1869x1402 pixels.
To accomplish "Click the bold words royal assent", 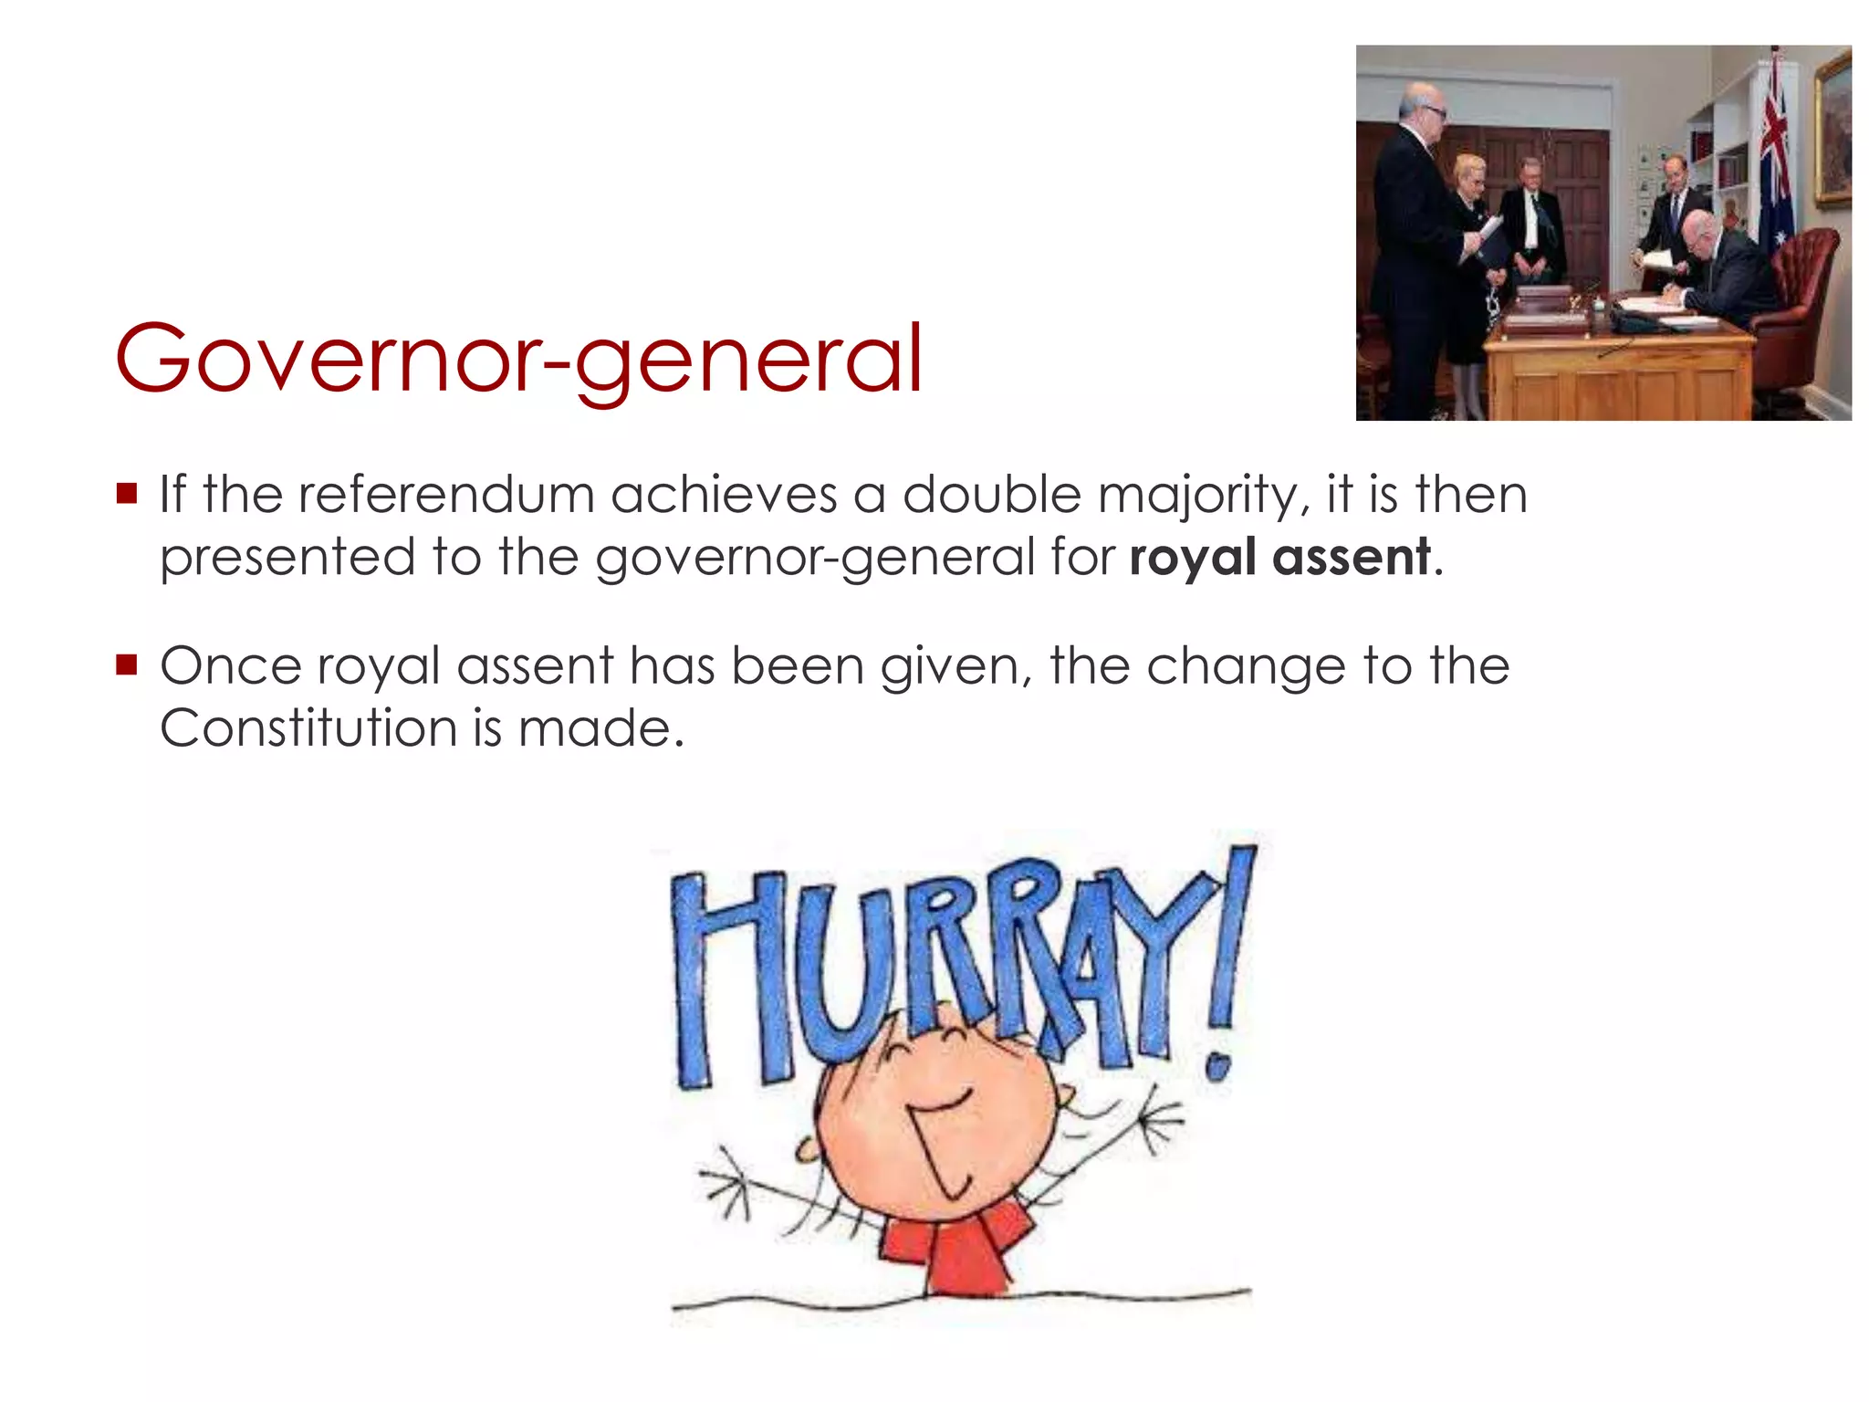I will click(x=1279, y=557).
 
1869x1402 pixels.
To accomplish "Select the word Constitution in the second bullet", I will click(x=307, y=728).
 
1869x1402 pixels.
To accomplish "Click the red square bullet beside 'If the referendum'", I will click(x=127, y=494).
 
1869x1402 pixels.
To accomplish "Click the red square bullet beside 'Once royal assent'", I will click(x=127, y=664).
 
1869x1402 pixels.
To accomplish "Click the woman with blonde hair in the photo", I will click(x=1471, y=246).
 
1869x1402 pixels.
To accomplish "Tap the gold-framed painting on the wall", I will click(x=1832, y=128).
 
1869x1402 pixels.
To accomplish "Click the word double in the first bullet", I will click(x=991, y=495).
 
